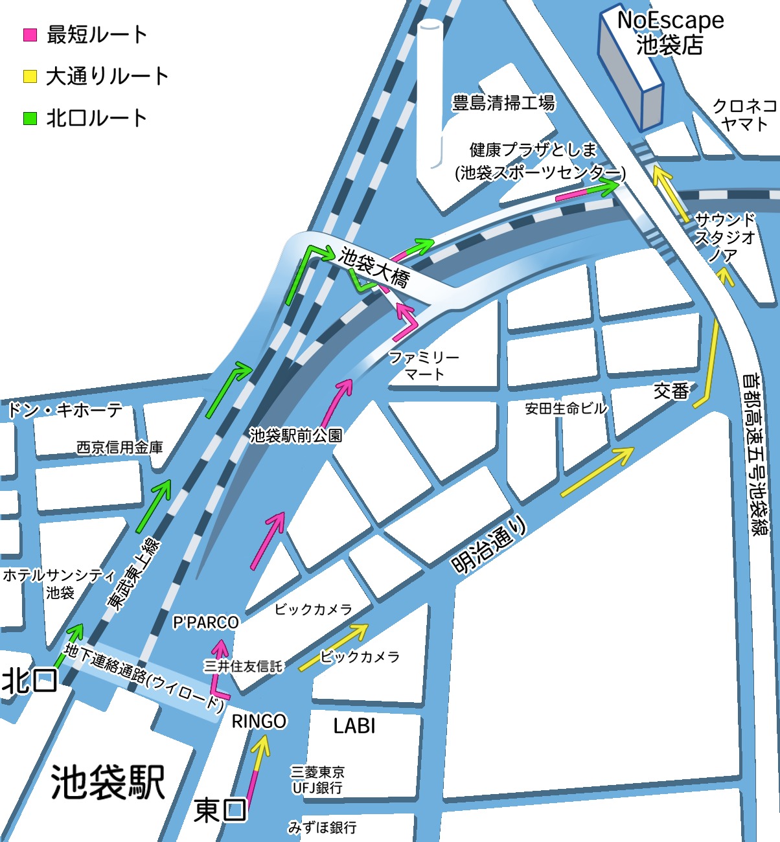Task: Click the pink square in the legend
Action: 30,35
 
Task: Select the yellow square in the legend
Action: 30,76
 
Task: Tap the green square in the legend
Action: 30,119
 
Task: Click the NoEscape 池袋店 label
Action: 671,32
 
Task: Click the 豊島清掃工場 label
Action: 503,102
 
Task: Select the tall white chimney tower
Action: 430,97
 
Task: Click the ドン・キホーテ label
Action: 65,410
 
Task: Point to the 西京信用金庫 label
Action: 120,447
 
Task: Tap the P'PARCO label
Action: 206,622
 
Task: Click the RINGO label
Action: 259,721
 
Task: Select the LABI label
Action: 354,726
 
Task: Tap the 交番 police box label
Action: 671,391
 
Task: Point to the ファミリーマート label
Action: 424,365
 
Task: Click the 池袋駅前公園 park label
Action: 296,435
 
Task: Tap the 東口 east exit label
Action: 220,810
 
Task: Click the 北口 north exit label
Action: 30,681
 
